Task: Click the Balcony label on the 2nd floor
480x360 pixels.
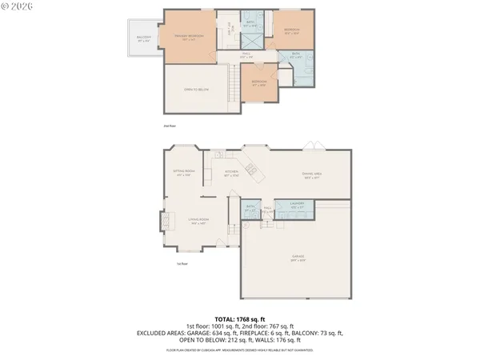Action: point(144,38)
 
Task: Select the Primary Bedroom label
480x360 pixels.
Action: point(190,37)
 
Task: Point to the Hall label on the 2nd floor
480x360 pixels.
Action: point(247,56)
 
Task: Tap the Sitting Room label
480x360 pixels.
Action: point(185,173)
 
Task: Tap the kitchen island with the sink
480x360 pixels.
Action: point(250,169)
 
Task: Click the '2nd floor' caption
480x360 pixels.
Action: point(169,126)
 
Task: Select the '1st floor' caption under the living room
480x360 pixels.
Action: point(182,263)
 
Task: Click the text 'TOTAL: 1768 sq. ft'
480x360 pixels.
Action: point(239,318)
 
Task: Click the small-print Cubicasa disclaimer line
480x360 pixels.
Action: point(239,350)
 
